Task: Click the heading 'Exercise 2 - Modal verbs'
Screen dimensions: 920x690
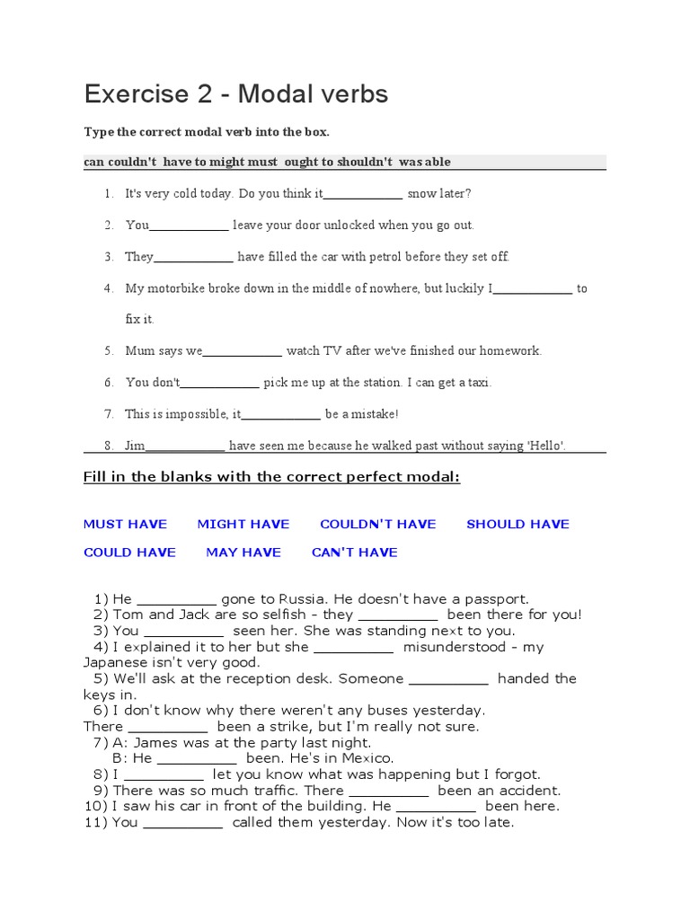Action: (236, 94)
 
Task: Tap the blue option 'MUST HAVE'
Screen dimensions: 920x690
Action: (125, 525)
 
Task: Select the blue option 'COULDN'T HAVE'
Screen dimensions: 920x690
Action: (378, 525)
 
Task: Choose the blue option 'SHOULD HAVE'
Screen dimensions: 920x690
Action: (517, 525)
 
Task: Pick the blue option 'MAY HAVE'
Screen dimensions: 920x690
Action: (243, 553)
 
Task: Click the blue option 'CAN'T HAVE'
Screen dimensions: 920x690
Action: (354, 553)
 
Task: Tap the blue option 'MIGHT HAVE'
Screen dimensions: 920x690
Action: (243, 525)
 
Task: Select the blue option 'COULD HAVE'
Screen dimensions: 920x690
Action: (129, 553)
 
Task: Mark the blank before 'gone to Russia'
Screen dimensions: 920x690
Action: (177, 600)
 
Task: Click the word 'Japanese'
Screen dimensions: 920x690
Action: (115, 662)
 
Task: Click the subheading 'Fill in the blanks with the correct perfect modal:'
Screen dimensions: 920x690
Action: (271, 477)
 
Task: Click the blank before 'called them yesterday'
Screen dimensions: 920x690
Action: (182, 823)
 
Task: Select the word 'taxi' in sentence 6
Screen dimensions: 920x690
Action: (476, 383)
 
